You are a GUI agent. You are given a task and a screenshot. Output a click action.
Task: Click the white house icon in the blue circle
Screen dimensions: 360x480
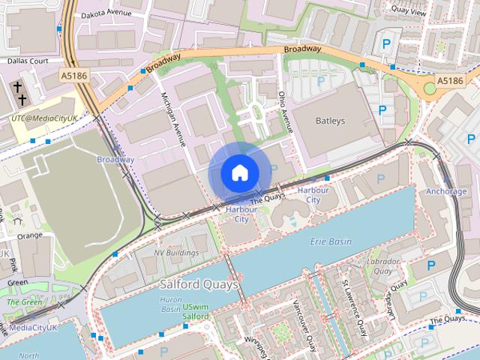tap(239, 173)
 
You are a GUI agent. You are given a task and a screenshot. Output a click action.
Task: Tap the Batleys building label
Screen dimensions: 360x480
tap(330, 121)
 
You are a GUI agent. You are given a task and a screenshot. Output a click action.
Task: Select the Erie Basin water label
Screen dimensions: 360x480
tap(331, 241)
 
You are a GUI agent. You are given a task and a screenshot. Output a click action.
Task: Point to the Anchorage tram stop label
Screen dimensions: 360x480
tap(446, 191)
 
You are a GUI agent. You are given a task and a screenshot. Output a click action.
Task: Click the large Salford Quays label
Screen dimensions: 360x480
tap(199, 285)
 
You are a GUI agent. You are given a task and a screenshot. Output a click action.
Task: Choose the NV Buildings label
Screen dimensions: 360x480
tap(176, 253)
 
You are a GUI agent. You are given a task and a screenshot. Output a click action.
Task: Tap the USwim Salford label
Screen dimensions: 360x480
tap(196, 312)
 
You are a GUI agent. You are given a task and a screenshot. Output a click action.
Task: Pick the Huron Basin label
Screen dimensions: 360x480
tap(172, 304)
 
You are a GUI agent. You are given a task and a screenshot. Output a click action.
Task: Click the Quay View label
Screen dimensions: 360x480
tap(409, 11)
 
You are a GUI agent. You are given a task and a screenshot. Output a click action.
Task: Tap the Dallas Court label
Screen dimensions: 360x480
tap(28, 61)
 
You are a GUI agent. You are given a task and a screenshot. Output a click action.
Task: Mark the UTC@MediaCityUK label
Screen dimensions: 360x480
tap(44, 118)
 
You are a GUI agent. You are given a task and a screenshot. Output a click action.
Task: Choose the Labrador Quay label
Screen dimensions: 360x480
tap(379, 266)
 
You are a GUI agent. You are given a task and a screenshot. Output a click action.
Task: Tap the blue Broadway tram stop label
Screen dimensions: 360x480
tap(115, 159)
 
